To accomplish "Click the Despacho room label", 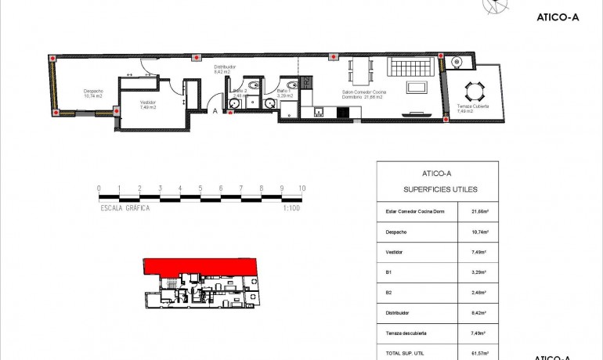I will [x=94, y=92].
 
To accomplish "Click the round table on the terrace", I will [x=472, y=88].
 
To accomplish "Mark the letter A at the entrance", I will [x=215, y=111].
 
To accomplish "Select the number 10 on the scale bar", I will [x=302, y=189].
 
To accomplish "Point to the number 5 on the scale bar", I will [x=200, y=189].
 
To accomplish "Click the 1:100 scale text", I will [x=291, y=208].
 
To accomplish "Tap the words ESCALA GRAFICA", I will [x=125, y=208].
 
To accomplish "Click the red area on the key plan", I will [x=200, y=266].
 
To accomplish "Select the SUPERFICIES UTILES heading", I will [x=439, y=189].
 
